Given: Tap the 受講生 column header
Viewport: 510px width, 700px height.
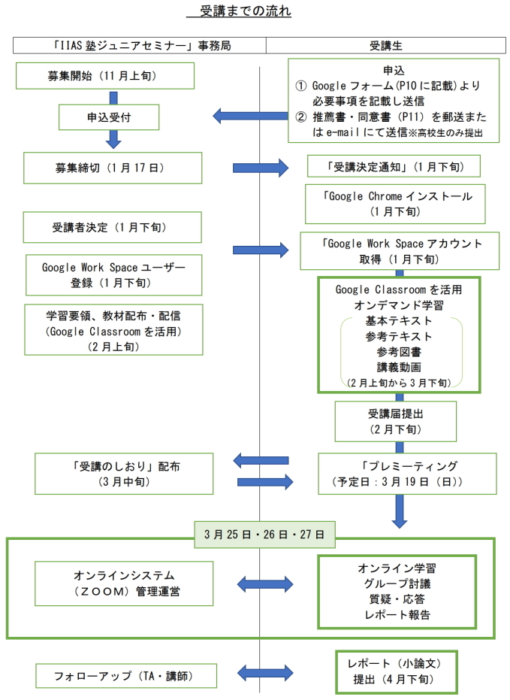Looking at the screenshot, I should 387,45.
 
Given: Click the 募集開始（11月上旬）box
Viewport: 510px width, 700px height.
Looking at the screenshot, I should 109,76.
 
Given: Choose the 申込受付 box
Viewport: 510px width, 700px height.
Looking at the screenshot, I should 110,117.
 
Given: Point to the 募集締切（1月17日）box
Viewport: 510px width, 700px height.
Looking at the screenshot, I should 113,168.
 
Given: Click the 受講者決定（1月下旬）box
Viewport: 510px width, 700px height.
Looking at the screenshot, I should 113,227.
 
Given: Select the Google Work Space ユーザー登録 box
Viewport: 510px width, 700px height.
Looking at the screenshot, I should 113,274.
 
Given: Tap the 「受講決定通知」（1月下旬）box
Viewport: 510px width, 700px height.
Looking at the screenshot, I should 393,166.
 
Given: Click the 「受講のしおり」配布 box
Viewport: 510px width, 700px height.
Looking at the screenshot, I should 115,473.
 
